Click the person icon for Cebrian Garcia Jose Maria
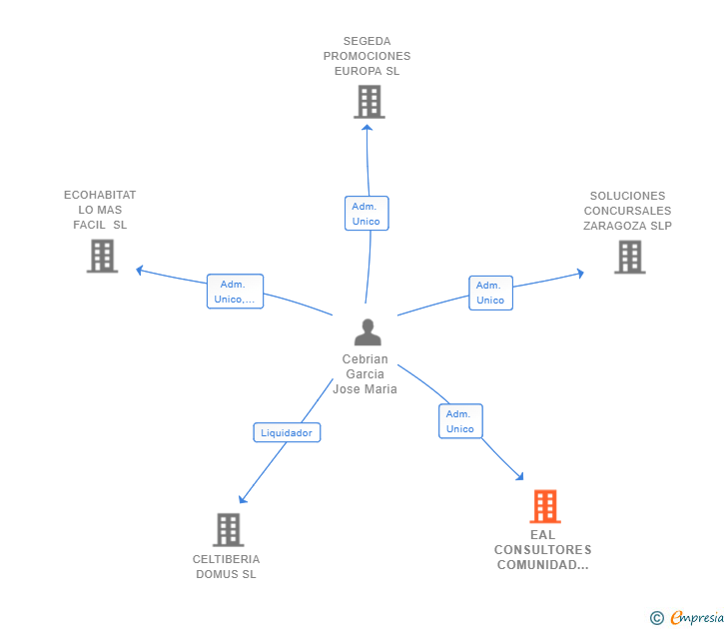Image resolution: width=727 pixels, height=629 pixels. click(x=367, y=331)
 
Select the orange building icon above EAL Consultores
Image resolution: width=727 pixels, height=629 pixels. click(x=545, y=506)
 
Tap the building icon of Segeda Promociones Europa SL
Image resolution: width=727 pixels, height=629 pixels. click(x=369, y=102)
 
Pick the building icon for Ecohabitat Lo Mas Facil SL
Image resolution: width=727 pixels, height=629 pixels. click(x=103, y=256)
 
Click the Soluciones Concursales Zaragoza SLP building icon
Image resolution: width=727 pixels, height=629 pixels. click(x=630, y=257)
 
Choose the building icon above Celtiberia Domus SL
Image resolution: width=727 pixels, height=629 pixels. click(x=229, y=530)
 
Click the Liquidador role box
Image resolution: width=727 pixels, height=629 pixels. click(x=287, y=432)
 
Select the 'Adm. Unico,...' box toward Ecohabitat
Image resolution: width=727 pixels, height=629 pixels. click(x=235, y=292)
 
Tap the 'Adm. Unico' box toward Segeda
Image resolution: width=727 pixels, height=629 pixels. click(x=366, y=214)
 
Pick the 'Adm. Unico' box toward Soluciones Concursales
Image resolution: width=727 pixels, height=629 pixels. click(x=490, y=293)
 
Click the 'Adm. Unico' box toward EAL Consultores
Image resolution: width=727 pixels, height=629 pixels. click(x=460, y=421)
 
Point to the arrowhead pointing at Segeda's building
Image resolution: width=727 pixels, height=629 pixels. click(x=367, y=128)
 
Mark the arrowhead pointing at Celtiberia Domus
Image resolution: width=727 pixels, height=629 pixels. click(x=243, y=499)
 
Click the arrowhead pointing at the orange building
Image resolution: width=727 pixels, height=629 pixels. click(x=519, y=476)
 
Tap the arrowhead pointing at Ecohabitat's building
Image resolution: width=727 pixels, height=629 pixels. click(x=139, y=270)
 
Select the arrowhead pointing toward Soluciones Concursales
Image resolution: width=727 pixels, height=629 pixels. click(x=580, y=273)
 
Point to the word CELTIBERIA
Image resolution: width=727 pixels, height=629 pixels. click(x=227, y=559)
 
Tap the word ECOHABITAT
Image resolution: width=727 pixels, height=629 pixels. click(x=100, y=195)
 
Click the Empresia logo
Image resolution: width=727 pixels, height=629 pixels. click(x=687, y=617)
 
